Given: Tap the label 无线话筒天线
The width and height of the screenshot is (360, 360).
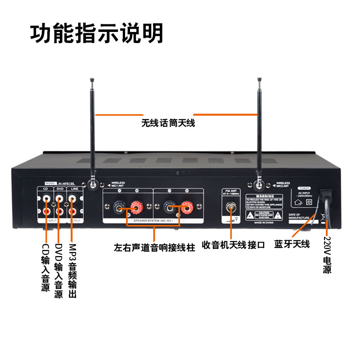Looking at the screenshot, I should click(x=168, y=122).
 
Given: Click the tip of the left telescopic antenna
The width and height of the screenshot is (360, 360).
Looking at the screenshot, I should click(x=91, y=80).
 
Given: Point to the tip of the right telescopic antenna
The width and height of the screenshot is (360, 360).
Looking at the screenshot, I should click(x=259, y=80).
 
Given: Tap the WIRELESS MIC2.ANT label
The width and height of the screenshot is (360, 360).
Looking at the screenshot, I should click(x=283, y=184).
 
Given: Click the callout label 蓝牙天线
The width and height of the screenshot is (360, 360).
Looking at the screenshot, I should click(x=292, y=244).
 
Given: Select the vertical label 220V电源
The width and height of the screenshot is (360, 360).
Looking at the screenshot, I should click(x=327, y=255).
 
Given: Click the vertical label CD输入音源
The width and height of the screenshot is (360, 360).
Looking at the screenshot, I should click(x=45, y=268).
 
